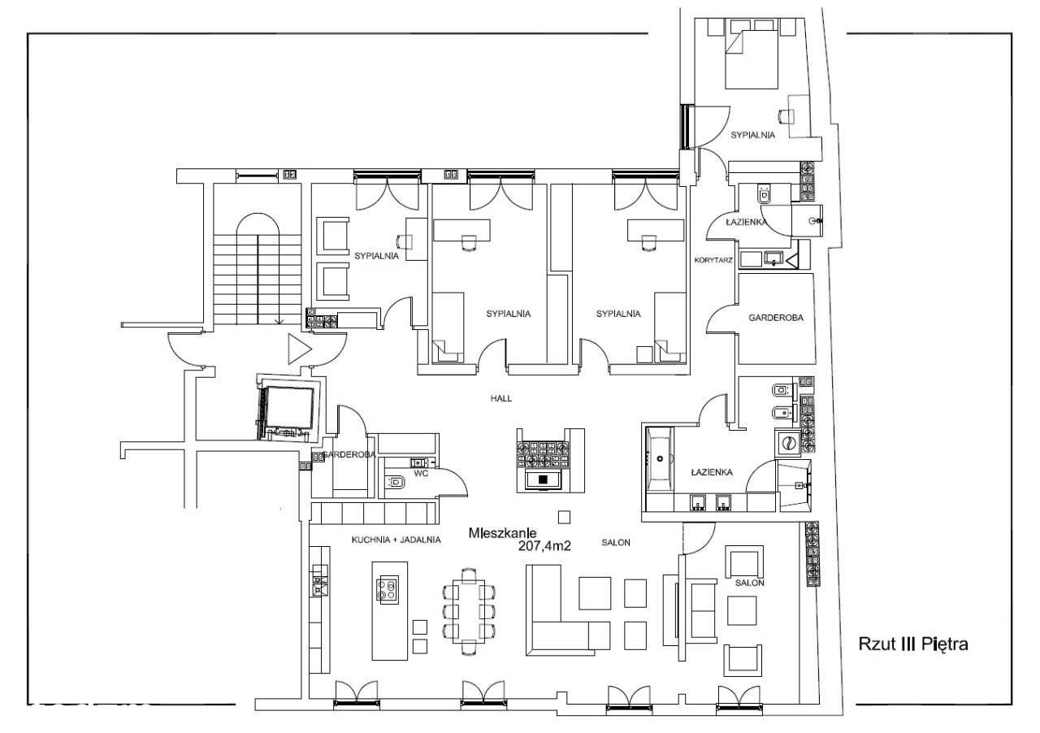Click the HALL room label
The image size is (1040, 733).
[501, 398]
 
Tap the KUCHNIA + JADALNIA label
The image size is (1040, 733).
[396, 540]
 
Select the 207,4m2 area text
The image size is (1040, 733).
[544, 546]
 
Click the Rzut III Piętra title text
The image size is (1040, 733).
[912, 644]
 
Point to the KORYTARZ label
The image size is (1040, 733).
[713, 260]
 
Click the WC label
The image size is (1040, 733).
[421, 473]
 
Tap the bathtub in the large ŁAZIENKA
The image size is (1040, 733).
[659, 459]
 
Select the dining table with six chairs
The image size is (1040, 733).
[469, 610]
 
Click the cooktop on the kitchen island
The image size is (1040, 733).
[389, 590]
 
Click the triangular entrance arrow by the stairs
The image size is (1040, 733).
[299, 349]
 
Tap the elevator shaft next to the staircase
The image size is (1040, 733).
[288, 407]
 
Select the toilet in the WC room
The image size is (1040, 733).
[396, 483]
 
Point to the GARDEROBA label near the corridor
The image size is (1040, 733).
[776, 318]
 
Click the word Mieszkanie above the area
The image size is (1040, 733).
[502, 533]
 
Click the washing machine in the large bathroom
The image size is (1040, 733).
[787, 443]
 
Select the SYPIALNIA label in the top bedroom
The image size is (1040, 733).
[752, 135]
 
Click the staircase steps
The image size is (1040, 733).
[258, 280]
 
